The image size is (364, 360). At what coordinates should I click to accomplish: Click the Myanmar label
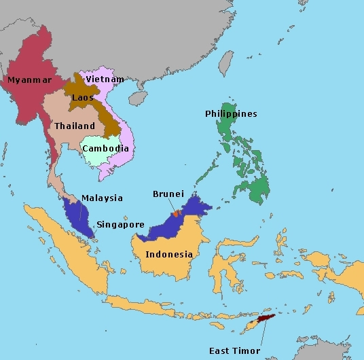30,79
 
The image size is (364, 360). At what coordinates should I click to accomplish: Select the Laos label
82,97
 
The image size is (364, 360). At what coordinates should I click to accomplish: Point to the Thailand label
75,126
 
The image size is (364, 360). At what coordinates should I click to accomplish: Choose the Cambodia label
105,148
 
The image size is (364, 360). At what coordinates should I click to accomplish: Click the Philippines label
231,113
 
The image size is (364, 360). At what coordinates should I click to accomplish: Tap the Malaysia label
102,198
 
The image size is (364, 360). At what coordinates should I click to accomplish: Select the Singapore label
120,224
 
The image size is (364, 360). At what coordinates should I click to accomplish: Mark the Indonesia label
170,255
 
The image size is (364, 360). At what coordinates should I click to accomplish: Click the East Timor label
235,350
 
